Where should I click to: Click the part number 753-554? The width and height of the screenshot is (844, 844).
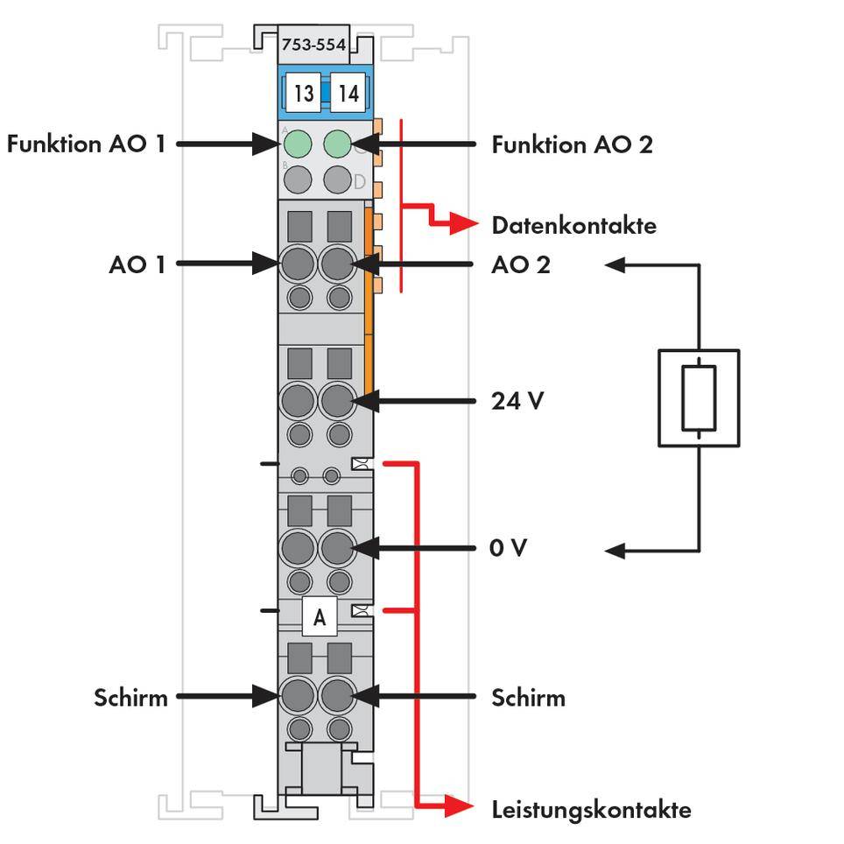click(x=313, y=44)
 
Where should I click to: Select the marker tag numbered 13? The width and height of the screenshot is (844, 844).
click(x=303, y=92)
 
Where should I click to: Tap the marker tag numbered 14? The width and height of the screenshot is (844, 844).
click(x=348, y=92)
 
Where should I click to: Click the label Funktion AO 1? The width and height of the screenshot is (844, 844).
click(x=86, y=144)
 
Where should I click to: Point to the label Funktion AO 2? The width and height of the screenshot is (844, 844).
click(x=572, y=144)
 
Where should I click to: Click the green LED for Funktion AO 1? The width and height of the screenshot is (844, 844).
click(x=299, y=144)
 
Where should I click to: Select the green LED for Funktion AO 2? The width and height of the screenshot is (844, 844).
click(x=338, y=144)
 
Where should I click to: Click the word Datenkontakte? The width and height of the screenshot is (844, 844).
click(x=573, y=225)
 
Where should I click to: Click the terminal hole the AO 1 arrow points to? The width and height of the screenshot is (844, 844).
click(x=299, y=263)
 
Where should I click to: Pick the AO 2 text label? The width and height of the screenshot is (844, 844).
click(x=521, y=264)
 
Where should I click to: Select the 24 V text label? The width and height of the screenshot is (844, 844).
click(x=517, y=401)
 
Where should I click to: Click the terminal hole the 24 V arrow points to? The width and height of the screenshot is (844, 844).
click(x=338, y=402)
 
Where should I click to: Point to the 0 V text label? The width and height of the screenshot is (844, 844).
click(x=508, y=548)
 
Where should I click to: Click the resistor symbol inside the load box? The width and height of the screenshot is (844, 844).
click(x=699, y=398)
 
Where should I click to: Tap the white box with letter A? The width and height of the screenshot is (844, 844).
click(x=320, y=617)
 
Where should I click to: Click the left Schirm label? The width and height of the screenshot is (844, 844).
click(x=131, y=698)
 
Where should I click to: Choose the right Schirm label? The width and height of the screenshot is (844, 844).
click(x=528, y=698)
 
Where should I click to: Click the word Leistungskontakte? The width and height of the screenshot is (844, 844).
click(x=591, y=809)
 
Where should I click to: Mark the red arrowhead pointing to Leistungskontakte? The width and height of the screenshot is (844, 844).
click(x=458, y=806)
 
